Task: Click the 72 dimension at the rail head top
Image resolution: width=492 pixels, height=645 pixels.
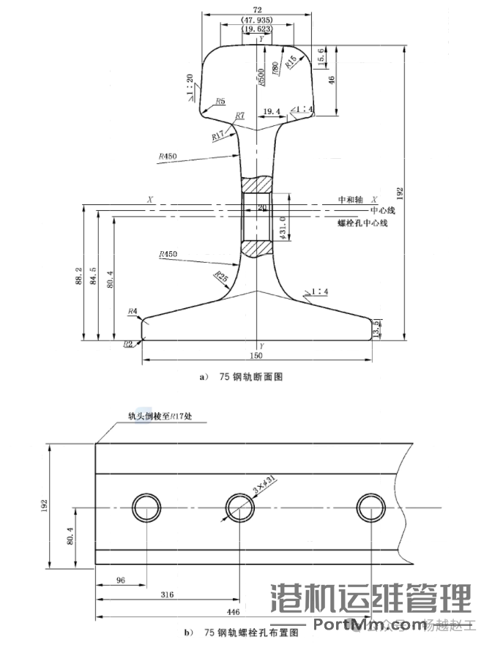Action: tap(258, 7)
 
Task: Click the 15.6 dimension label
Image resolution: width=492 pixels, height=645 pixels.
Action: tap(322, 54)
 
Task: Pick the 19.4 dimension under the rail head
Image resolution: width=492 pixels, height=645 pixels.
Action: tap(271, 111)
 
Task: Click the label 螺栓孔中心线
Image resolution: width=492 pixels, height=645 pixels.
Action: tap(362, 223)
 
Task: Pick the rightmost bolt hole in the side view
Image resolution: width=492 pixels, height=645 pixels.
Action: tap(371, 507)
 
